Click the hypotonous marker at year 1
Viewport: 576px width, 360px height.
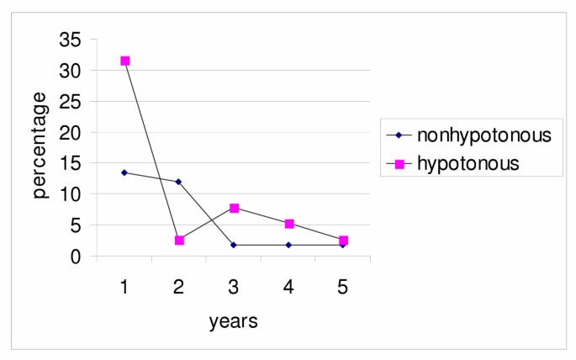[x=124, y=61]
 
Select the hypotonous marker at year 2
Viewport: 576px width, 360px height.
[x=179, y=241]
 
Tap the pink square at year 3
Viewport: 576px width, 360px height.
[x=234, y=208]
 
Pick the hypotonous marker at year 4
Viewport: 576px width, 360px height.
[x=288, y=224]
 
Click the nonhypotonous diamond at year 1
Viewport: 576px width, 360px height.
[x=124, y=172]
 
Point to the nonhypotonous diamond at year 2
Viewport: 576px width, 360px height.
[x=179, y=182]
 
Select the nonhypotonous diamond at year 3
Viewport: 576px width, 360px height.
[x=234, y=245]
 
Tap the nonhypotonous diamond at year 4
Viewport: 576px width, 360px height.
[x=288, y=245]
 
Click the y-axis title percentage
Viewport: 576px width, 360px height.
[x=40, y=145]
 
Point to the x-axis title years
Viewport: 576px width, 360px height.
[x=233, y=321]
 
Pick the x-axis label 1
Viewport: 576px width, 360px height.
[x=124, y=286]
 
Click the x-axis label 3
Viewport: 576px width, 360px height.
[x=234, y=286]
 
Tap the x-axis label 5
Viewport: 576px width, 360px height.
[x=343, y=286]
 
